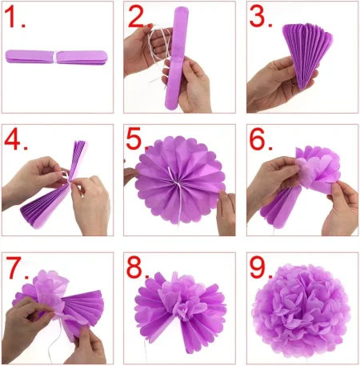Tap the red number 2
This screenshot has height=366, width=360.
click(x=137, y=17)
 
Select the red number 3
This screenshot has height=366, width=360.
click(x=257, y=17)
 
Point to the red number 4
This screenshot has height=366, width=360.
click(x=13, y=139)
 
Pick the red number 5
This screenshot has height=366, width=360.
click(x=134, y=139)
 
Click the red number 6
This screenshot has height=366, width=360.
click(x=257, y=139)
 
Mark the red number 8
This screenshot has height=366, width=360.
click(x=134, y=267)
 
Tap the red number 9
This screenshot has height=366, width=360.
click(x=257, y=267)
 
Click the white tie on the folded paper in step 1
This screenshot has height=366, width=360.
click(x=56, y=57)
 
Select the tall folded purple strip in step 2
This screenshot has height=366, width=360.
click(x=177, y=58)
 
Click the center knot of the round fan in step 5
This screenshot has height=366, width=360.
click(x=177, y=183)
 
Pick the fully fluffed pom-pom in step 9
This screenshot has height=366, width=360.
click(x=302, y=311)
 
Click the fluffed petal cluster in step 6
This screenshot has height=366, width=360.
click(x=318, y=168)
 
